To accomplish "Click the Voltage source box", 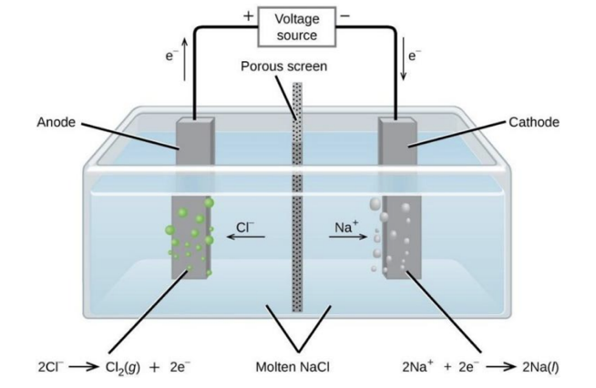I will point(297,26).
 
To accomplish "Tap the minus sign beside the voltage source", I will point(344,16).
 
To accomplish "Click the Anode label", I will point(57,122).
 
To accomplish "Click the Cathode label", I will point(534,122).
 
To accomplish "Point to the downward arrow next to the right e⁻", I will point(405,64).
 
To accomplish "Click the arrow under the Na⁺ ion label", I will point(345,239).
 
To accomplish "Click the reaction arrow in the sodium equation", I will point(498,368).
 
